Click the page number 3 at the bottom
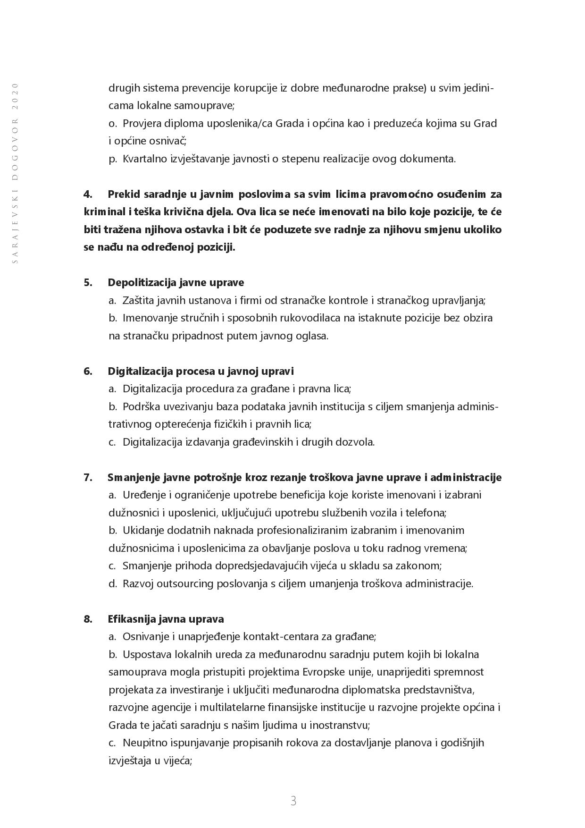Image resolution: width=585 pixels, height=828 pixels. (293, 801)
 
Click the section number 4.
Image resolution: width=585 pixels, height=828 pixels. (87, 194)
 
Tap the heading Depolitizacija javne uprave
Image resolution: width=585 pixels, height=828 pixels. (175, 282)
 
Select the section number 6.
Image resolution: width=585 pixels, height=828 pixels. (87, 371)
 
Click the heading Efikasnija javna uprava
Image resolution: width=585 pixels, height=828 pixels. (166, 619)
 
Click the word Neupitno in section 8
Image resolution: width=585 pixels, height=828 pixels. (142, 743)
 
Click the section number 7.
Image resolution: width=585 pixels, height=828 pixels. (87, 477)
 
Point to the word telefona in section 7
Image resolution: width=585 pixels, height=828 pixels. (427, 513)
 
